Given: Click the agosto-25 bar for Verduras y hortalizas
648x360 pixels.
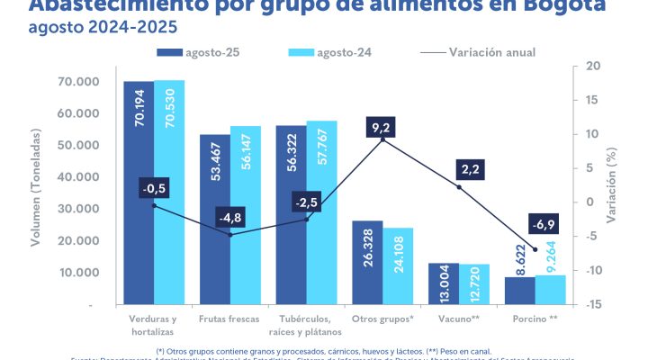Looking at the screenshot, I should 139,193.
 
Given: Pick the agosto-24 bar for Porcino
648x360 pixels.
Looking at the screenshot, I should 551,290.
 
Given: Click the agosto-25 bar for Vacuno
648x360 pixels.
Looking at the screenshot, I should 444,284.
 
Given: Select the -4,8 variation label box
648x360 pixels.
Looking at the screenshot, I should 231,218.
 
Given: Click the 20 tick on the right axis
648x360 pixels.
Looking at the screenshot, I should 594,67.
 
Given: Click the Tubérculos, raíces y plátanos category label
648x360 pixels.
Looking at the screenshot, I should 306,325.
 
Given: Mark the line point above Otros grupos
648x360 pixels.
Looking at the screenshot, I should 383,139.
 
